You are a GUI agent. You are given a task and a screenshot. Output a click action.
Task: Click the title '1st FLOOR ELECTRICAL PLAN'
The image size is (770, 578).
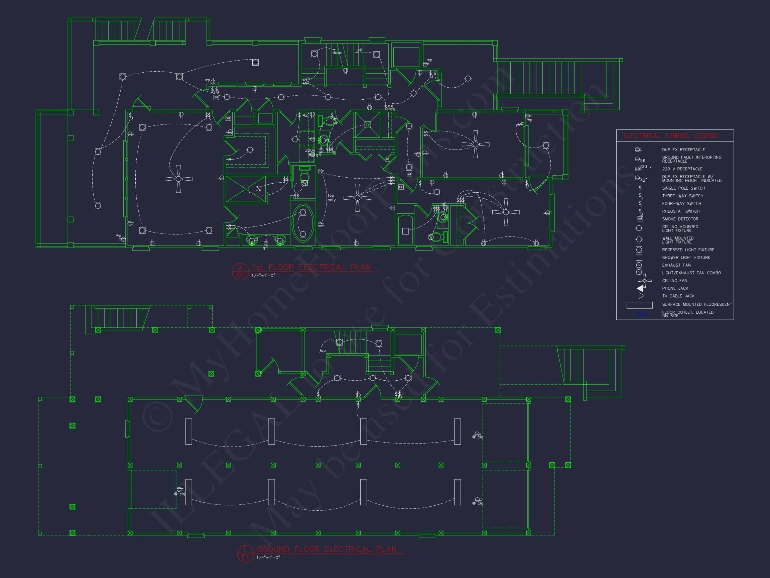(x=311, y=267)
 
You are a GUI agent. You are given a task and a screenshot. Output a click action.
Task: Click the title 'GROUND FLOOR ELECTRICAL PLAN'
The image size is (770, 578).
(x=327, y=549)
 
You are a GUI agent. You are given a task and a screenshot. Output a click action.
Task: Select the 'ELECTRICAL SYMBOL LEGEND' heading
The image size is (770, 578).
(x=670, y=136)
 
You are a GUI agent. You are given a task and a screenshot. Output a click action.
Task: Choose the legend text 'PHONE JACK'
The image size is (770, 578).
(x=675, y=288)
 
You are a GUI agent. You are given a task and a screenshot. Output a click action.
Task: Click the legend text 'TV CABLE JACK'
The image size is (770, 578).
(x=678, y=296)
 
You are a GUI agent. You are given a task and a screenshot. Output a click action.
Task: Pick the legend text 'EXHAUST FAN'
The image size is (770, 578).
(x=676, y=266)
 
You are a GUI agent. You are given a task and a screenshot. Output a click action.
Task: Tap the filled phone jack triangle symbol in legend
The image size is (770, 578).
(x=640, y=288)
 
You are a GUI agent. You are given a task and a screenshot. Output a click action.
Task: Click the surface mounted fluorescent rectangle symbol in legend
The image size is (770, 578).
(x=639, y=305)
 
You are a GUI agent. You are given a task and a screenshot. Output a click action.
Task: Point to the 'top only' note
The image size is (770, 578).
(x=331, y=198)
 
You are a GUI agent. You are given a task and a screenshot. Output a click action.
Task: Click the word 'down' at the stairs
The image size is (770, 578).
(x=337, y=53)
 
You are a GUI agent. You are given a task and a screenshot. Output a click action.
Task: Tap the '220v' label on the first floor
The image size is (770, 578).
(x=310, y=151)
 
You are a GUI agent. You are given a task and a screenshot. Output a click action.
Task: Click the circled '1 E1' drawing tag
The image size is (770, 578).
(x=245, y=554)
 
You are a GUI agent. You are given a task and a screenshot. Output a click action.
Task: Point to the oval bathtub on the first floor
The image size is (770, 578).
(x=303, y=223)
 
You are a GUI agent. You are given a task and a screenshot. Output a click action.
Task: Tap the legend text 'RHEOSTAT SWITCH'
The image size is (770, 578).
(x=680, y=211)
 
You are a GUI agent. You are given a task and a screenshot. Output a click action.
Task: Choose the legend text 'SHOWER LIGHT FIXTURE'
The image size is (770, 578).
(x=686, y=258)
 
